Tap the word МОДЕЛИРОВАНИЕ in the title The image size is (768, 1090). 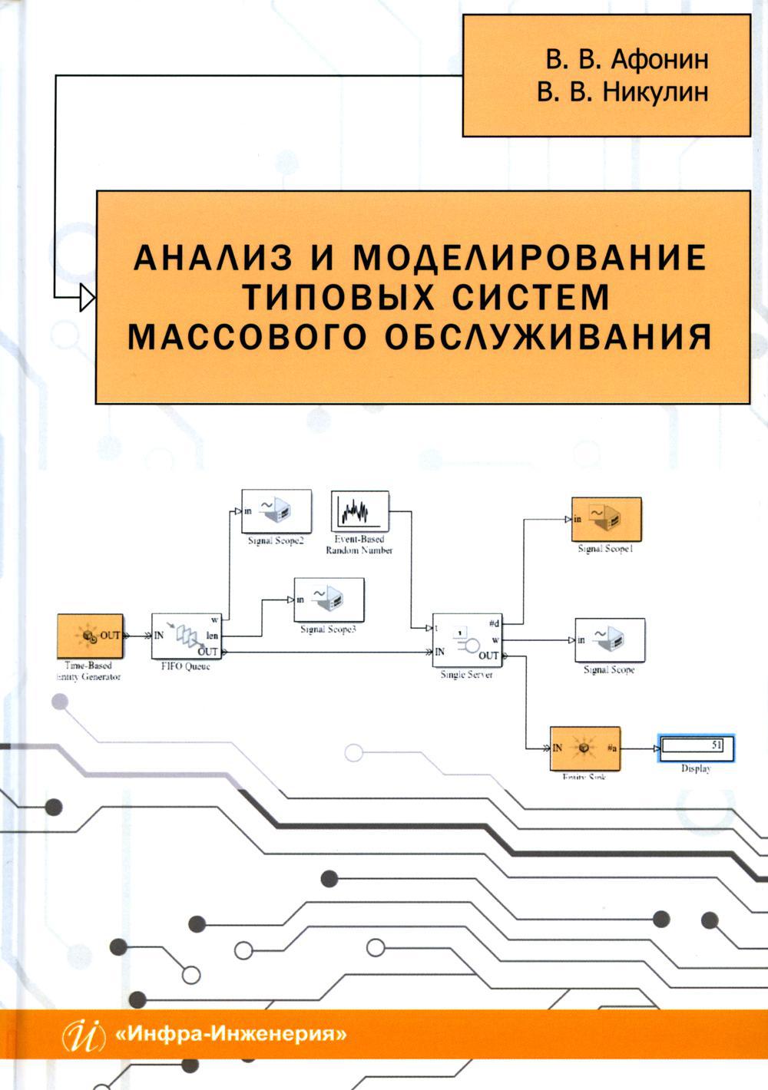point(529,259)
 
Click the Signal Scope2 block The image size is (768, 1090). point(276,511)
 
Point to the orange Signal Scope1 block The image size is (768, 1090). point(606,520)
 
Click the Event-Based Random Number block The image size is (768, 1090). point(359,511)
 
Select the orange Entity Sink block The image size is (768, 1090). point(584,748)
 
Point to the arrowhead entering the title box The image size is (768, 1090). point(87,295)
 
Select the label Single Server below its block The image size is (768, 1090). point(466,675)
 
